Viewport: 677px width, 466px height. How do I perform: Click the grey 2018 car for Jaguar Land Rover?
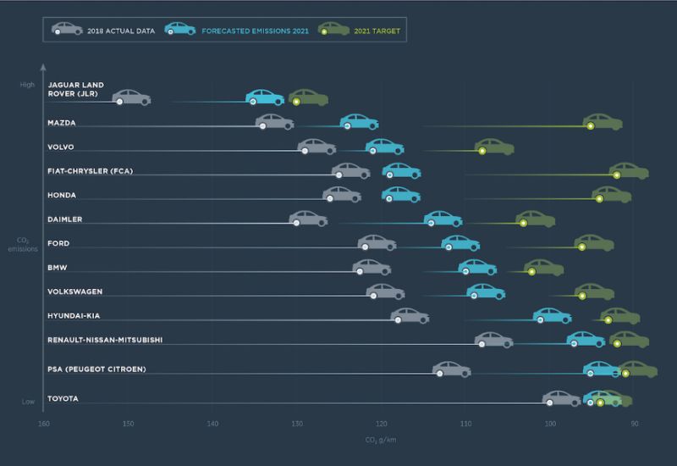tap(131, 97)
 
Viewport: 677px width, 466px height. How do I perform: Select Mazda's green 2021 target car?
tap(603, 122)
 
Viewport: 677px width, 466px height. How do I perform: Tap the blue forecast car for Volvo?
tap(384, 147)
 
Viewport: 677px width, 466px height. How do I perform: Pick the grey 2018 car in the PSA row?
tap(451, 369)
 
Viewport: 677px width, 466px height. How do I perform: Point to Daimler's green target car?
tap(535, 219)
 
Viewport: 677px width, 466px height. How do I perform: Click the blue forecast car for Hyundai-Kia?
tap(552, 315)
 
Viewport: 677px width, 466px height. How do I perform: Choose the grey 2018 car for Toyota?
tap(561, 398)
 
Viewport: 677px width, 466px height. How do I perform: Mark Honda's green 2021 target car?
tap(611, 195)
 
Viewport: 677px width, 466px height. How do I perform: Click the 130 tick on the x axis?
tap(297, 423)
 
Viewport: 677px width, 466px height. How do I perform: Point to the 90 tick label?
tap(635, 423)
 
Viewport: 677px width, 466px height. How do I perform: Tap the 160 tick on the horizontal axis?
tap(44, 423)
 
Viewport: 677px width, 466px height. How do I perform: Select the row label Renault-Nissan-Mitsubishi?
tap(105, 340)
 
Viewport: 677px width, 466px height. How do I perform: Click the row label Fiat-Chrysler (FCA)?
tap(91, 171)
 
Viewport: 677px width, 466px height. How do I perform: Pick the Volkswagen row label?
tap(75, 291)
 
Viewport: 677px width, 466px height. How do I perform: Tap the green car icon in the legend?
tap(333, 29)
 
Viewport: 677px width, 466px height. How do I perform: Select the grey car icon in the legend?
tap(67, 29)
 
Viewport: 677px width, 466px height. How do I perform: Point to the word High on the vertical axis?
tap(28, 85)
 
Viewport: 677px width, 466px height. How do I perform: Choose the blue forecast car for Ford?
tap(460, 243)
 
